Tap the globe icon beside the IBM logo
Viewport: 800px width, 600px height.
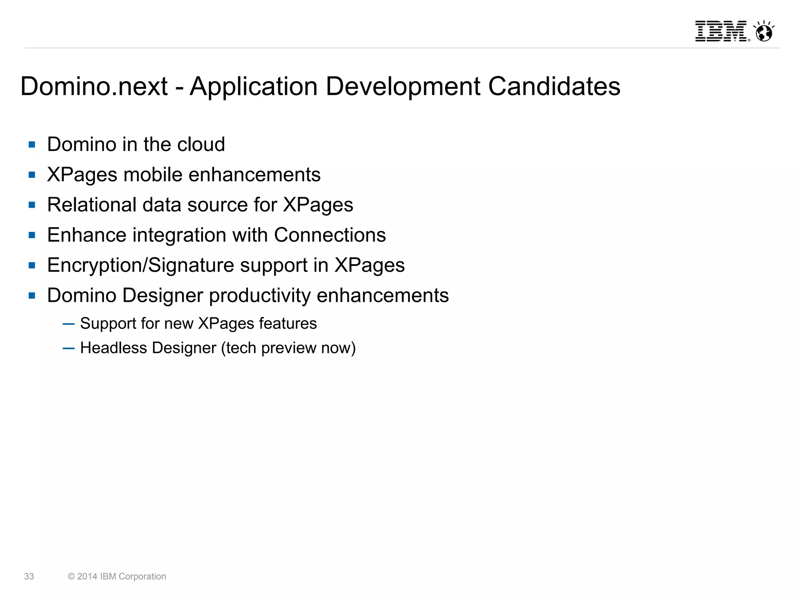pos(764,32)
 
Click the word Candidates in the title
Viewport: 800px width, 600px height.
pos(554,86)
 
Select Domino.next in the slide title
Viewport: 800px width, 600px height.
pos(94,86)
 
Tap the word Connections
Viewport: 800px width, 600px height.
pos(330,235)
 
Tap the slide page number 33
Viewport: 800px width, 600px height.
pos(29,577)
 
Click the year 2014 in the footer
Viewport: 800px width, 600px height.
pos(87,577)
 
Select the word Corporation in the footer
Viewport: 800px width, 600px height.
pos(142,577)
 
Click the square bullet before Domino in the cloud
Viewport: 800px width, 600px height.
pos(32,145)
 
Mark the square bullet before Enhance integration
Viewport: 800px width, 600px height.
pos(32,235)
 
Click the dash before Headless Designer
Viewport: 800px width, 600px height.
pos(68,348)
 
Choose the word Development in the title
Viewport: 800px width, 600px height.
pos(403,86)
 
